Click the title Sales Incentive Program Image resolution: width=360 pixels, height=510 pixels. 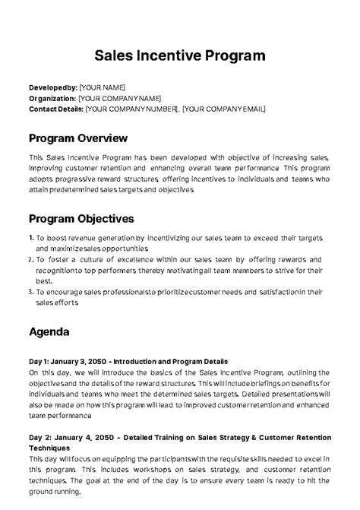tap(180, 55)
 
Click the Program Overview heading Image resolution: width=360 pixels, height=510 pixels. tap(77, 138)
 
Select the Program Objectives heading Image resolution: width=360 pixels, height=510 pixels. tap(81, 218)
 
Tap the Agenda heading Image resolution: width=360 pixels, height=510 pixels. tap(49, 332)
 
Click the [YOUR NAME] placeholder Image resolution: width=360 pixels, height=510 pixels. tap(103, 87)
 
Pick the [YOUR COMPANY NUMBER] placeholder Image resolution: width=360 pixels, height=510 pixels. tap(131, 109)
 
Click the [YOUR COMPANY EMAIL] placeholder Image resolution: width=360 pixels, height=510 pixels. tap(224, 109)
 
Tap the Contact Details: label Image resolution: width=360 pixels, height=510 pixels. tap(55, 109)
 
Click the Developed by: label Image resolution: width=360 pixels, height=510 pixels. tap(52, 87)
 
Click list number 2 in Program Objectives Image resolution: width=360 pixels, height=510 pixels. tap(30, 259)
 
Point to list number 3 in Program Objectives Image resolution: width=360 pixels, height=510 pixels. tap(30, 291)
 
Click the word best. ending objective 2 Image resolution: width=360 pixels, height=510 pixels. tap(42, 280)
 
